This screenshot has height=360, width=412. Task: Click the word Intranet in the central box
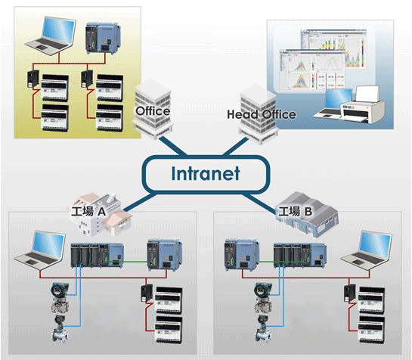tap(206, 173)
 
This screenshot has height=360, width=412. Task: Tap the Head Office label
tap(261, 115)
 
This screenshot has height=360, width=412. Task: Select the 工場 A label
tap(88, 211)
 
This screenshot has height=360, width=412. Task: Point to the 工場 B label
tap(296, 211)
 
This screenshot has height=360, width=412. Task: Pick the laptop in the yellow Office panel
tap(51, 36)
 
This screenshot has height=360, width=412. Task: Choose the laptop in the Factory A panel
tap(39, 250)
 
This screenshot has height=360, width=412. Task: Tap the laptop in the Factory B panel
tap(367, 250)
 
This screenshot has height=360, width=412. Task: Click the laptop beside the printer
tap(333, 103)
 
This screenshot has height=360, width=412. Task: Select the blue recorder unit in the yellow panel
tap(103, 39)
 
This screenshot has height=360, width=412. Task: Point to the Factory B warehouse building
tap(308, 214)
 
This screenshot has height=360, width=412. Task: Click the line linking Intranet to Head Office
tap(235, 146)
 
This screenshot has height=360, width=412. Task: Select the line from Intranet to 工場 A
tap(140, 202)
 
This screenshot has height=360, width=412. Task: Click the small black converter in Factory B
tap(350, 293)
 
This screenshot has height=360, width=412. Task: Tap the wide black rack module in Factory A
tap(97, 256)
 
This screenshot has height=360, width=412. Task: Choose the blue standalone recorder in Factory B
tap(242, 255)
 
